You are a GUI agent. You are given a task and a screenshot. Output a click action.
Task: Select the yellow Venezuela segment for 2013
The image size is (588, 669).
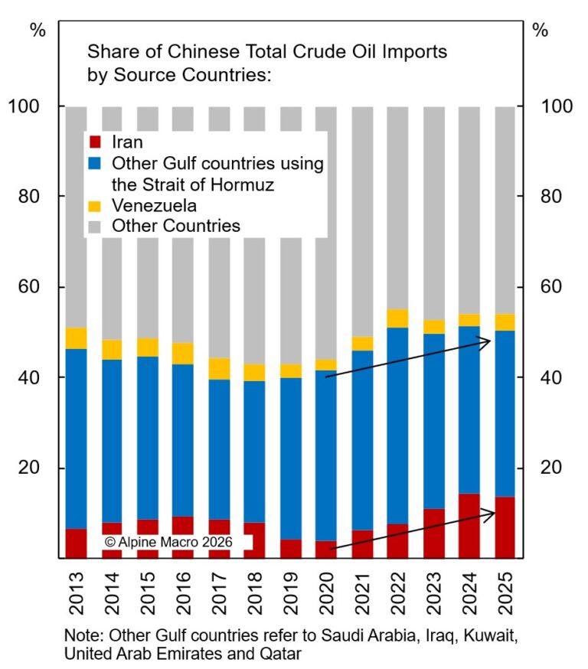[76, 338]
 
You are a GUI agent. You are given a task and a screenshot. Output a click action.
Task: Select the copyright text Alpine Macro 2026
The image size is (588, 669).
[178, 541]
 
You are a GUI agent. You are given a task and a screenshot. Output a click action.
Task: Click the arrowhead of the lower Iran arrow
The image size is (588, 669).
[491, 513]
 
